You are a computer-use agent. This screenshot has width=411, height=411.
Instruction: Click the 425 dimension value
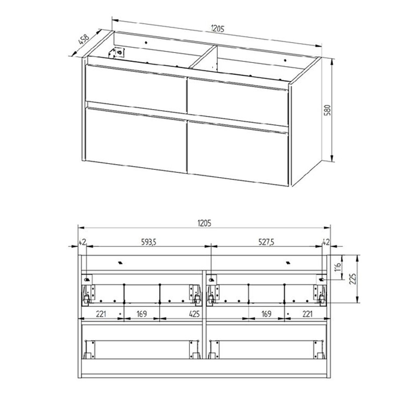(194, 314)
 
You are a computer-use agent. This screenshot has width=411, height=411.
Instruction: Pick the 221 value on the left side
(102, 314)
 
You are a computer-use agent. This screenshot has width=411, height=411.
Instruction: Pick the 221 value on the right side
(307, 314)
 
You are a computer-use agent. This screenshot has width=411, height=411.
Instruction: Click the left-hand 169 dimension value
(142, 314)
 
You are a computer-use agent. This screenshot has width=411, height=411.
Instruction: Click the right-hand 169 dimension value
(266, 314)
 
